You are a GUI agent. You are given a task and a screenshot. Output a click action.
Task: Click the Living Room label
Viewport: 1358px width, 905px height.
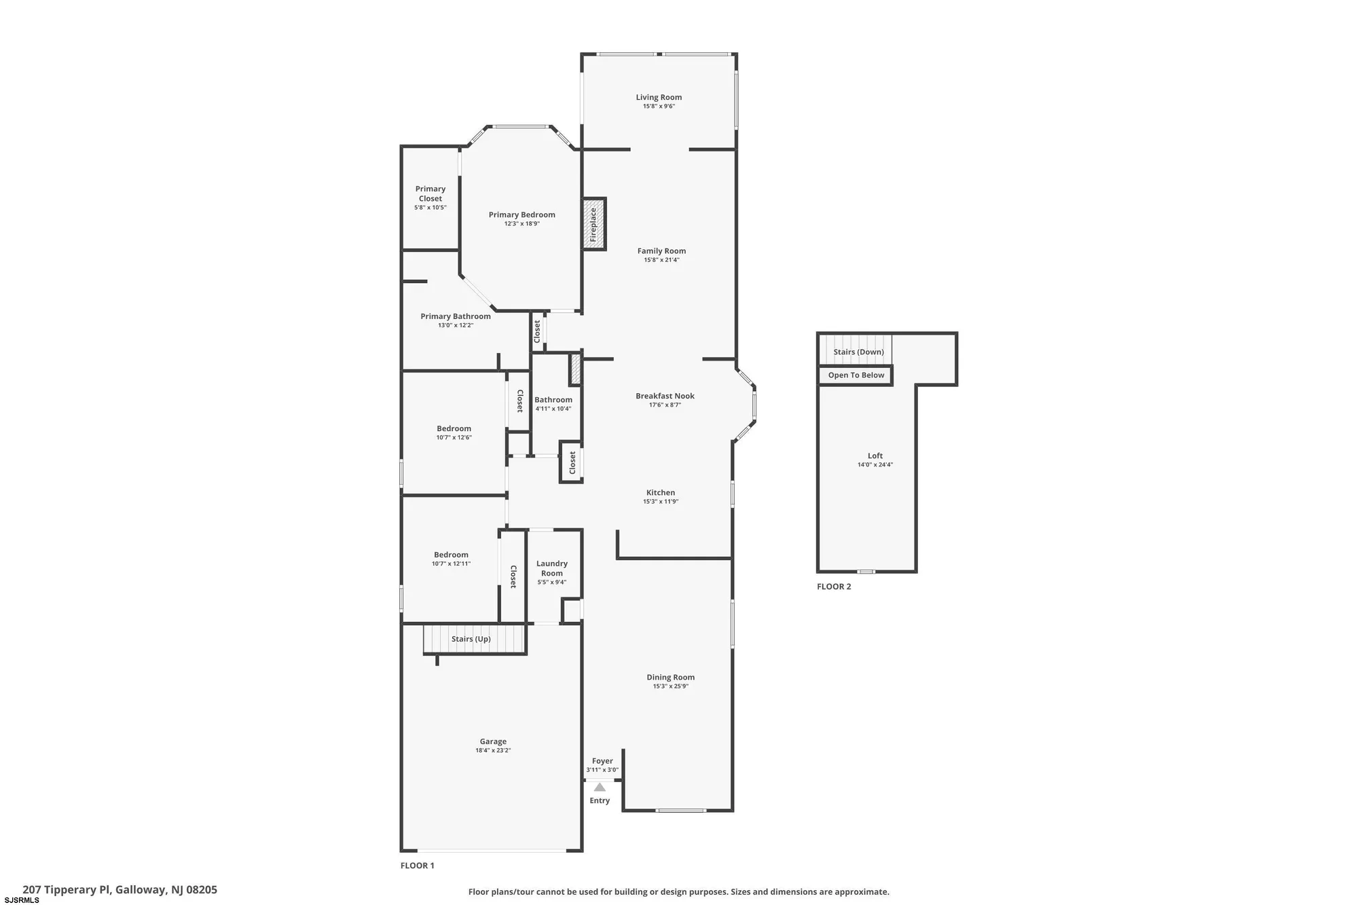click(659, 97)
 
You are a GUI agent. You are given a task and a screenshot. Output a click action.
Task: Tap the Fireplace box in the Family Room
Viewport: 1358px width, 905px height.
click(593, 224)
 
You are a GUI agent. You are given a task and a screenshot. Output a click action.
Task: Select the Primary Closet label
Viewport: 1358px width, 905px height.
click(430, 193)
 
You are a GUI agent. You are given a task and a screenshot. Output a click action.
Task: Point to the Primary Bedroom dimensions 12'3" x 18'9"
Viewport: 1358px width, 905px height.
click(521, 223)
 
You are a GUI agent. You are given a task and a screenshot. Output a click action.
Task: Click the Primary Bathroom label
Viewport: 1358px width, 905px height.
click(455, 316)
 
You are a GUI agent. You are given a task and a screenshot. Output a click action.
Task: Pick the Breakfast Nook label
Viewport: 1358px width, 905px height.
click(665, 396)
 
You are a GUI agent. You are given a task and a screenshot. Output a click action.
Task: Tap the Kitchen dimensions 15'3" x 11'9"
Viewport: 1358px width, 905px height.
click(660, 502)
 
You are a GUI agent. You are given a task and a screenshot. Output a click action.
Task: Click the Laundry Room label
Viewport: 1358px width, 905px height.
click(551, 568)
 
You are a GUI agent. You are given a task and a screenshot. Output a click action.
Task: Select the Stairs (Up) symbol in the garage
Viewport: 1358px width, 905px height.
click(474, 639)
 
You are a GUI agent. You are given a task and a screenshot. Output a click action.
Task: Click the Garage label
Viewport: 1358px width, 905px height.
click(493, 741)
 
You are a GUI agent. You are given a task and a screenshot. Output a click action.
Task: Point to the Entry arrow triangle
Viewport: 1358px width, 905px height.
click(600, 788)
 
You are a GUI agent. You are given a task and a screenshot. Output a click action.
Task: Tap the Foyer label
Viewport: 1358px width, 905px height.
click(602, 761)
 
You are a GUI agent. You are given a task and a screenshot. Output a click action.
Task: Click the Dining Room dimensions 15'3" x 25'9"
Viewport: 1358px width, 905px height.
click(670, 686)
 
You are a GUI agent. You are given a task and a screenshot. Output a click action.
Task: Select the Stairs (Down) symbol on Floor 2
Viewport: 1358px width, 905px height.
click(858, 352)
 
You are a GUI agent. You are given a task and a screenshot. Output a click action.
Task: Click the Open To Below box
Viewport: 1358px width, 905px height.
click(856, 375)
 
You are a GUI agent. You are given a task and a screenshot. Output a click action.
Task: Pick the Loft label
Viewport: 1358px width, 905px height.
click(875, 456)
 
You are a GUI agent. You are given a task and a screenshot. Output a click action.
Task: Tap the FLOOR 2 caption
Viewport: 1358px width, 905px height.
click(833, 587)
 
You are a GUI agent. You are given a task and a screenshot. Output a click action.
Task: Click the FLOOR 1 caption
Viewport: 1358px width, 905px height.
click(417, 866)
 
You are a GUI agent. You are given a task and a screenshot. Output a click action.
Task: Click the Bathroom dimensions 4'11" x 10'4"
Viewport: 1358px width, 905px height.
click(553, 409)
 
